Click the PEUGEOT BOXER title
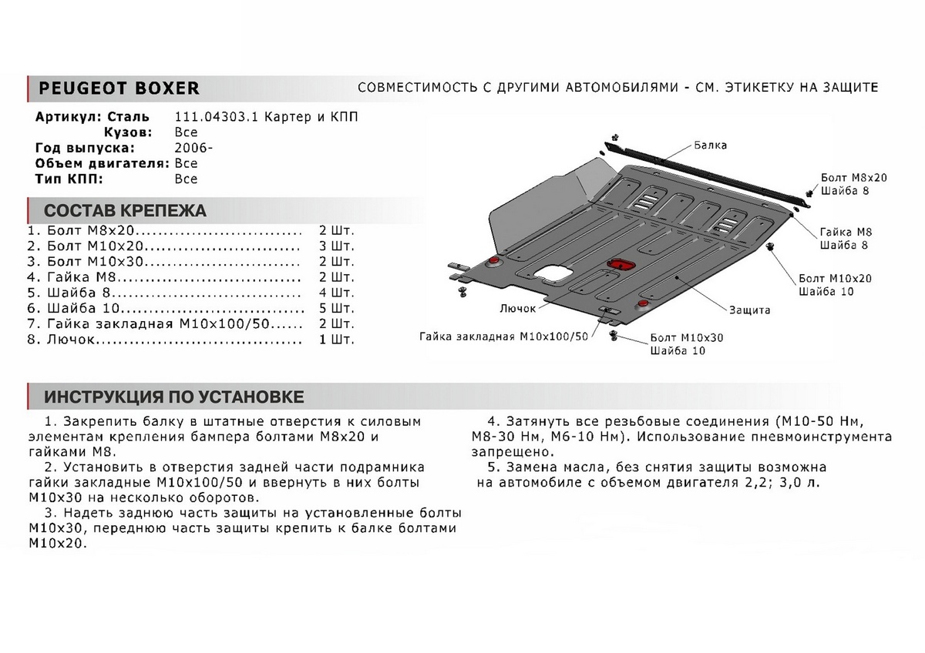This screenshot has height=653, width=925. (x=119, y=89)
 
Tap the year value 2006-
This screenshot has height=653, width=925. (x=190, y=148)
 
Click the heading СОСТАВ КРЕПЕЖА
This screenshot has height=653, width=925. (x=125, y=211)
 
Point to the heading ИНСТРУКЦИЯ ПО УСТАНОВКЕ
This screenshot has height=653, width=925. (x=173, y=397)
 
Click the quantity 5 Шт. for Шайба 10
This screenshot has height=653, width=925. (x=336, y=308)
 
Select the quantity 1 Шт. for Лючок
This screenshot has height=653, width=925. (x=336, y=339)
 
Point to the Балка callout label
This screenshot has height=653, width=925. (x=710, y=145)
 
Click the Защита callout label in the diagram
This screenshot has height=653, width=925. (x=749, y=310)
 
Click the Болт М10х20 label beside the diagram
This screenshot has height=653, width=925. (x=835, y=278)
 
